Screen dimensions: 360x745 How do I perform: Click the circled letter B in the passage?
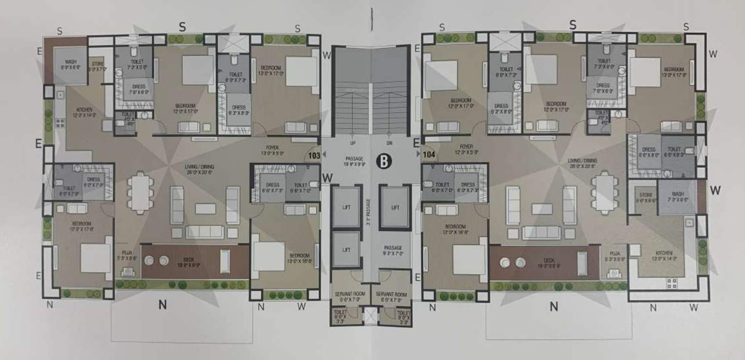[x=384, y=161]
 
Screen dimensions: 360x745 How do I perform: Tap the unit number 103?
[x=314, y=156]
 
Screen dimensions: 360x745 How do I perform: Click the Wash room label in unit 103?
[x=71, y=62]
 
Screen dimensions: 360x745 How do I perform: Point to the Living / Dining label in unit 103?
[x=200, y=167]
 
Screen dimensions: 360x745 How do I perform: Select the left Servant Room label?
[x=349, y=294]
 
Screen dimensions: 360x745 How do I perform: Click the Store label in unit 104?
[x=646, y=195]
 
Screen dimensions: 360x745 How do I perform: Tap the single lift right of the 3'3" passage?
[x=395, y=207]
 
